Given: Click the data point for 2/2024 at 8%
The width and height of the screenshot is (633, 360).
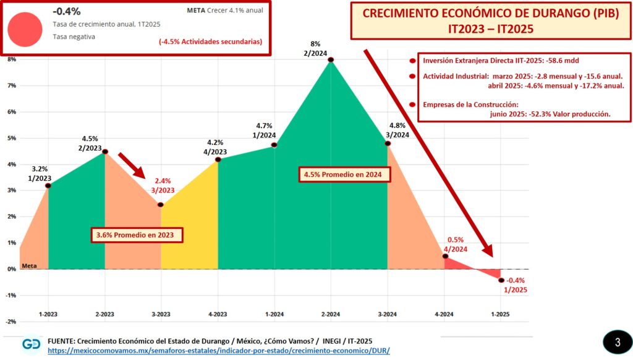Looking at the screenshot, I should (x=331, y=59).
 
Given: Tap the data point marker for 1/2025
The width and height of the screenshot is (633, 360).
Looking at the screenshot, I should (x=501, y=280).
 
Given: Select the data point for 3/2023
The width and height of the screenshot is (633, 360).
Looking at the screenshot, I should (x=161, y=205).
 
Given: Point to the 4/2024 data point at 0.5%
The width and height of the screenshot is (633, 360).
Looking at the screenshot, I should (x=445, y=256).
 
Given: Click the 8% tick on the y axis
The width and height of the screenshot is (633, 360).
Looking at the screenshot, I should (x=12, y=59).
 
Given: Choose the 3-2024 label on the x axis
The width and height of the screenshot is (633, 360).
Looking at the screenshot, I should (x=387, y=314).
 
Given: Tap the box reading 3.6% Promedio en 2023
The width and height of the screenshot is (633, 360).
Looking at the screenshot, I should (x=138, y=235).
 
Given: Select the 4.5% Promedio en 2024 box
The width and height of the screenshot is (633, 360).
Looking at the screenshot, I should (x=347, y=175).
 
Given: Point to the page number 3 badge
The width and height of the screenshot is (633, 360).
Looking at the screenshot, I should (x=617, y=342).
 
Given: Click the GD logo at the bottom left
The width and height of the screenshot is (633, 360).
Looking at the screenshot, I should (x=32, y=345).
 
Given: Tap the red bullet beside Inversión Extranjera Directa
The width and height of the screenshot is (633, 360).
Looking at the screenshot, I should (x=412, y=61).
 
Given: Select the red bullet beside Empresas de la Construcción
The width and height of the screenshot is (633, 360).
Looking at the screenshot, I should (x=412, y=105).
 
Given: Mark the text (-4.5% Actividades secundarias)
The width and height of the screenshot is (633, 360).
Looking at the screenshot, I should (x=210, y=41).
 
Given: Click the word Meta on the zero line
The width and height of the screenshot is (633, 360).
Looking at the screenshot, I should (x=29, y=265).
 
